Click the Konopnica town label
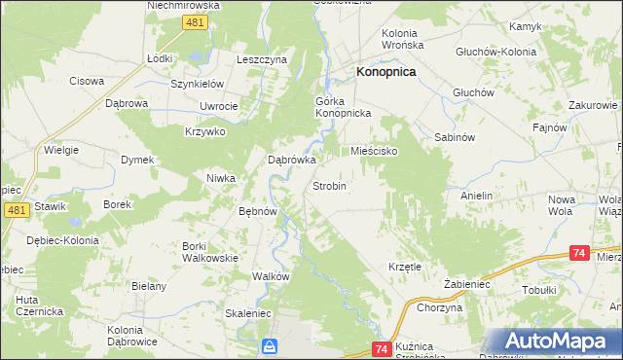(x=386, y=72)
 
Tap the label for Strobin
(x=329, y=185)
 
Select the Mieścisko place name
(x=374, y=152)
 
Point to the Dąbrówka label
(x=292, y=162)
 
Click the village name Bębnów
(x=259, y=211)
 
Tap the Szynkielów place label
(x=199, y=84)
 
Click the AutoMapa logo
(x=555, y=341)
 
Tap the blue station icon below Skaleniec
(x=270, y=345)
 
